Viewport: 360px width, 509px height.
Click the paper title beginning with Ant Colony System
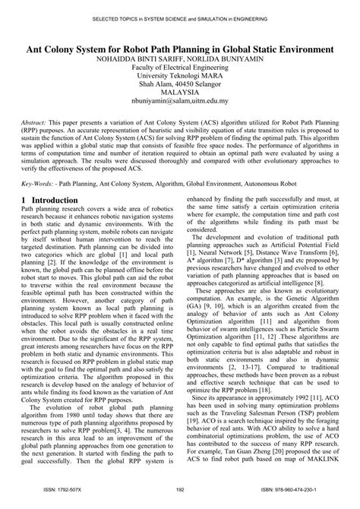(180, 48)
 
